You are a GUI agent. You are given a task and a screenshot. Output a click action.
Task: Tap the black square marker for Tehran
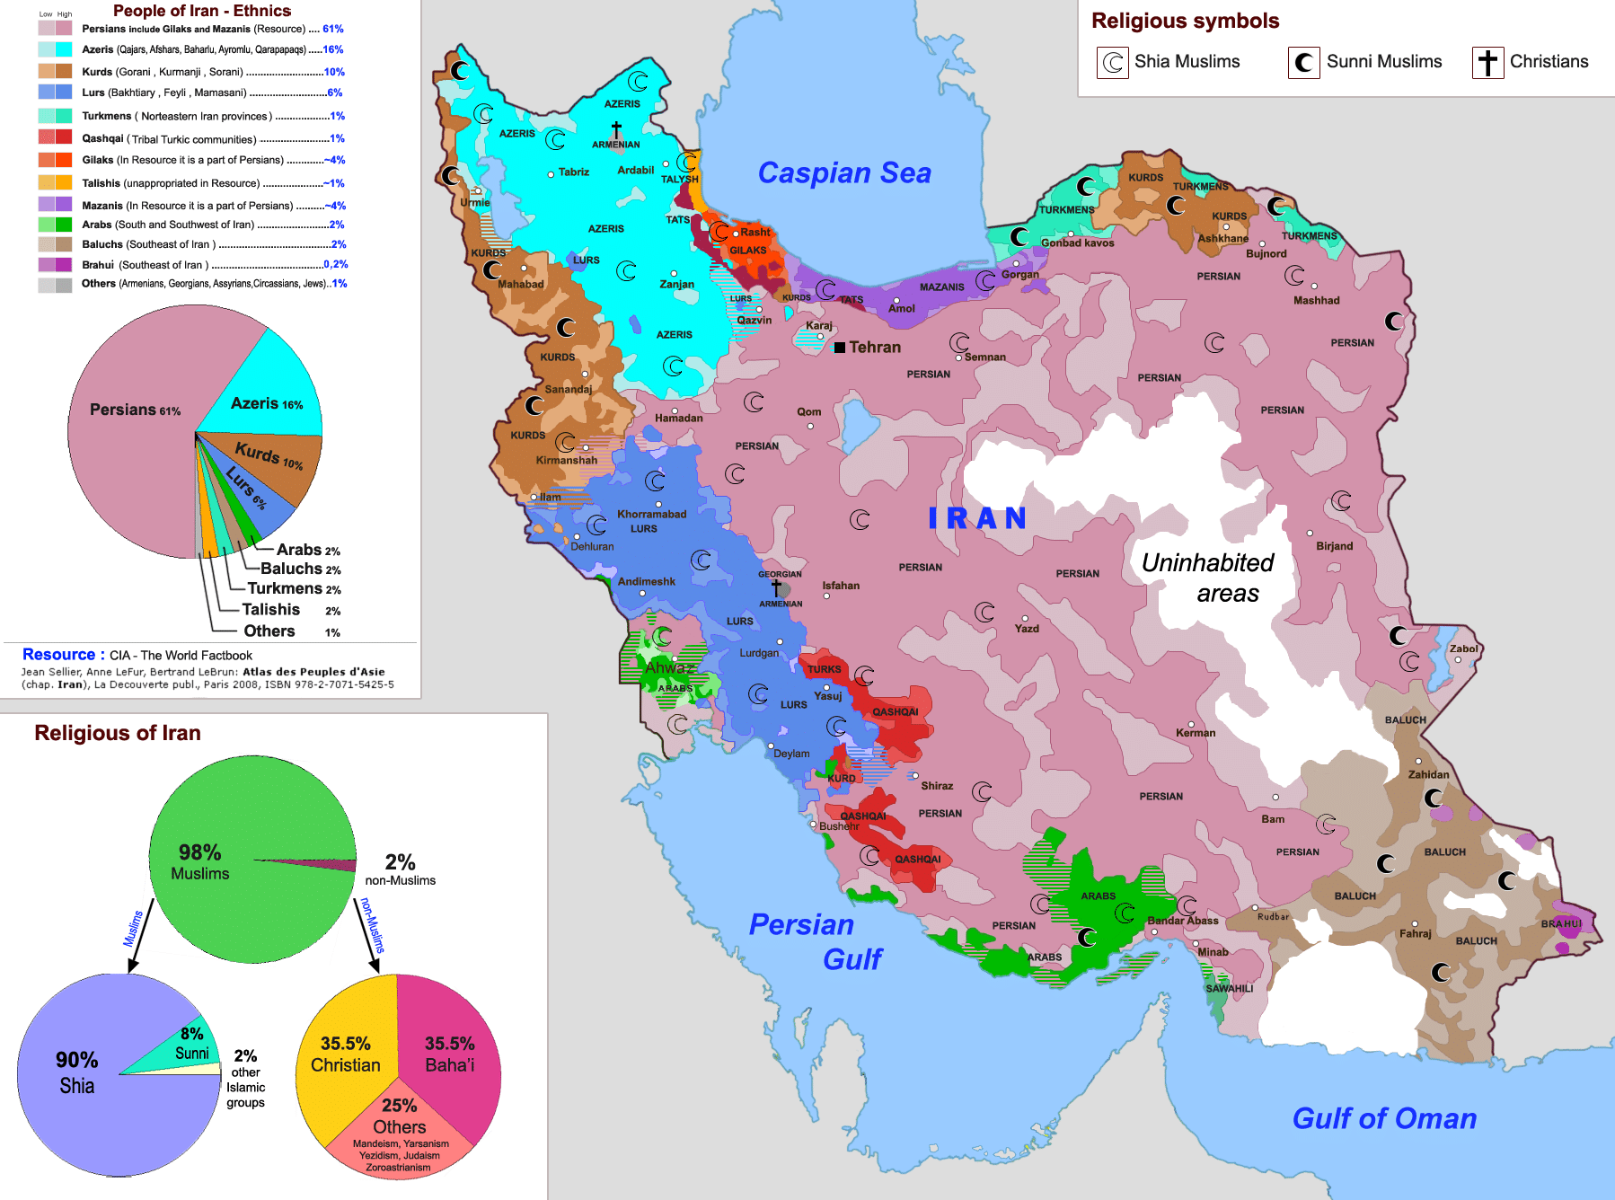click(840, 348)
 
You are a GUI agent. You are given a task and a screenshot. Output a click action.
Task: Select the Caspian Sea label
click(843, 172)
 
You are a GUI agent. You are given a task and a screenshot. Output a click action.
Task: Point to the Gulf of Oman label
click(1383, 1118)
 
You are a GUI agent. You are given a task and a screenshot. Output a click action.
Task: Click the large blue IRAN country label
click(977, 518)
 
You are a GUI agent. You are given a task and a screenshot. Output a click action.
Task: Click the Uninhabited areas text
click(1208, 578)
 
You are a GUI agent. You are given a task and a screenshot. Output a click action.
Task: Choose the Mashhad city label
click(1316, 301)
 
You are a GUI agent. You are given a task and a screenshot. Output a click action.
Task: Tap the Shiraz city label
click(936, 786)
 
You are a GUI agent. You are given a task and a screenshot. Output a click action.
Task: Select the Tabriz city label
click(573, 172)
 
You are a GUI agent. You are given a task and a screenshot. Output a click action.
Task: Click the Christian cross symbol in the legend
click(1487, 63)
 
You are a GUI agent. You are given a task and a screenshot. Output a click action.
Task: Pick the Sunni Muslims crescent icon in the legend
click(1303, 63)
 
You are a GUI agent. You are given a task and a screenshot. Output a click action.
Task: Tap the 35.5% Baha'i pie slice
click(449, 1055)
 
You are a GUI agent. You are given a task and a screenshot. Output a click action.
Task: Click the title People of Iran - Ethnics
click(201, 11)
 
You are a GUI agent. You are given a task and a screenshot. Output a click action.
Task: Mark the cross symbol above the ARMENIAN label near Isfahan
click(776, 587)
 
